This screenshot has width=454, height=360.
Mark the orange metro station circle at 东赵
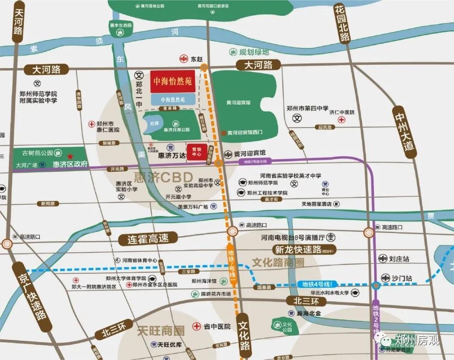[204, 67]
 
